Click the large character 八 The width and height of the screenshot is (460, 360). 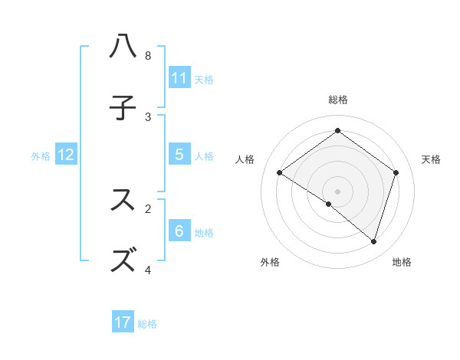point(123,47)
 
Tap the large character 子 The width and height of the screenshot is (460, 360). point(123,109)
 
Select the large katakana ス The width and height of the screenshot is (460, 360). point(123,200)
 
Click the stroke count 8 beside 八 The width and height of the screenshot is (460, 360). point(148,56)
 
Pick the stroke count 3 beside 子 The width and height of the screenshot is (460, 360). point(148,117)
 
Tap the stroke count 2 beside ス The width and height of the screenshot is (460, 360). point(148,208)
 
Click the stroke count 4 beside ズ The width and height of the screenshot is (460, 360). point(148,270)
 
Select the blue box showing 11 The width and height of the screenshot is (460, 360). point(179,78)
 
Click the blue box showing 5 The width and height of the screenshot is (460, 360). point(179,155)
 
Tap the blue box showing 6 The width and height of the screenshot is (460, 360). point(179,231)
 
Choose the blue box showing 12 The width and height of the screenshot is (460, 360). point(66,155)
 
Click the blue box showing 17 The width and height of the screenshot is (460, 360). point(123,322)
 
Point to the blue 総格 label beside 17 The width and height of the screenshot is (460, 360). point(147,324)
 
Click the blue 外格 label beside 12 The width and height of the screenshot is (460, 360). point(41,156)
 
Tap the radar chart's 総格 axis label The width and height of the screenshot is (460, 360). point(338,100)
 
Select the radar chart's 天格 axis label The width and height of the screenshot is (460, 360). point(431,159)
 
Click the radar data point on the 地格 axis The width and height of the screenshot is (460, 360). point(373,241)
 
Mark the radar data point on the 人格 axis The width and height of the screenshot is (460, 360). point(279,173)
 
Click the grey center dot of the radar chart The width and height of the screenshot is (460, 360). point(338,191)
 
